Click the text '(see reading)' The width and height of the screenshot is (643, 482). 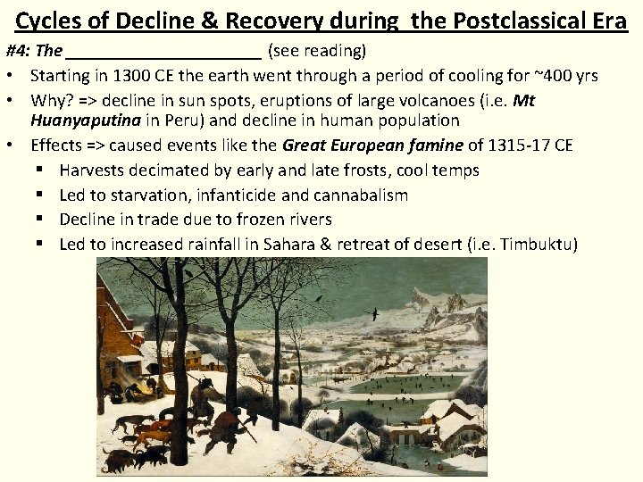317,51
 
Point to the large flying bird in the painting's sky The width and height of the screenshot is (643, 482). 372,314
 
